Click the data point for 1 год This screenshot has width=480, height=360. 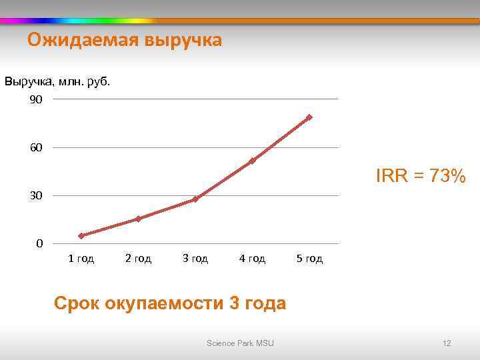tap(81, 235)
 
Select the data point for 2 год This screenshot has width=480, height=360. tap(138, 219)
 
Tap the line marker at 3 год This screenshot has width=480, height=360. tap(195, 199)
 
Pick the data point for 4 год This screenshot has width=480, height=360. tap(253, 161)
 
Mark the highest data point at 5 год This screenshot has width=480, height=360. tap(309, 117)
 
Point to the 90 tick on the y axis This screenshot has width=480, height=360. tap(36, 99)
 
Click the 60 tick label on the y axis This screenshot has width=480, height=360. tap(36, 147)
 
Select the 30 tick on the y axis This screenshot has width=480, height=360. tap(36, 196)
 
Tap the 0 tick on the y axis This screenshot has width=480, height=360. tap(39, 244)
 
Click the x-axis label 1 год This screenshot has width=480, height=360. tap(81, 259)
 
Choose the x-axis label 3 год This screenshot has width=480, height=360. tap(195, 259)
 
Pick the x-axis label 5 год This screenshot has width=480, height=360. tap(309, 259)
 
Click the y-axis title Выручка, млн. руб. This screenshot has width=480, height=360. tap(57, 82)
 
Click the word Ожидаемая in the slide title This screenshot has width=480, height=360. tap(80, 41)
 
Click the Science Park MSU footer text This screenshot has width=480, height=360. tap(240, 343)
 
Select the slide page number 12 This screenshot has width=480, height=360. tap(447, 343)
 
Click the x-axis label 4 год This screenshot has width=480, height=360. tap(253, 259)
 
